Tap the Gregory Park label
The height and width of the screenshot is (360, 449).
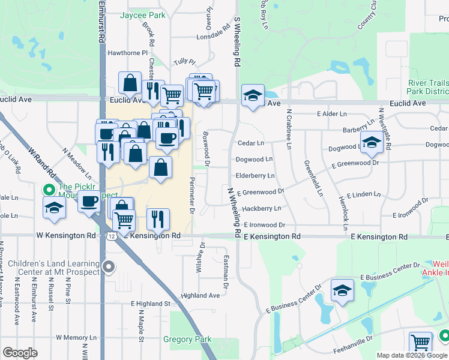[187, 340]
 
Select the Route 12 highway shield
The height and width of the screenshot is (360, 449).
[112, 238]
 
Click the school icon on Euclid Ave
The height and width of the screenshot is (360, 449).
[253, 95]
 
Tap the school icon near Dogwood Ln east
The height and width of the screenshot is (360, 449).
[372, 142]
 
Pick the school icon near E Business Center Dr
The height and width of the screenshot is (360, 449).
[342, 291]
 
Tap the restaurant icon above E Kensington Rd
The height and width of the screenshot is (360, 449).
[158, 220]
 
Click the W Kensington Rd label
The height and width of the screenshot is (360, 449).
[65, 236]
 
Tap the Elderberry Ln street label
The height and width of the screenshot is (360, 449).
[255, 176]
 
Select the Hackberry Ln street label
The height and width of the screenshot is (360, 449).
[261, 208]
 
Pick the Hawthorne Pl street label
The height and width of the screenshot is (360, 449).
[127, 53]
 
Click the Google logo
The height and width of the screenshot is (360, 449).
[20, 353]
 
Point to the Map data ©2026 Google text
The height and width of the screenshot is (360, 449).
[412, 355]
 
